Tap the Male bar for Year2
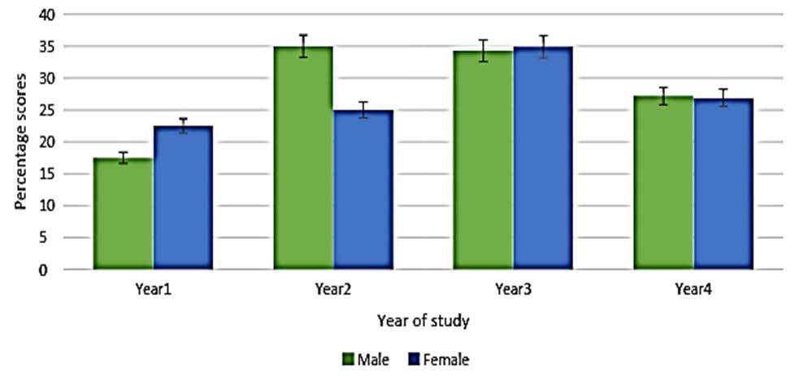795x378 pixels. click(x=303, y=158)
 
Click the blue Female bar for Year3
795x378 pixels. click(x=543, y=158)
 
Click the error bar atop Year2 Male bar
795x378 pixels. click(x=303, y=46)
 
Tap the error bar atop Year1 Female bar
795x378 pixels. click(x=183, y=126)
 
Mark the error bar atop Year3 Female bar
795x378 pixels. click(x=543, y=47)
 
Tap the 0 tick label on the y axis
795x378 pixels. click(x=50, y=270)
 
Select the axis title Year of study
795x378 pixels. click(x=423, y=321)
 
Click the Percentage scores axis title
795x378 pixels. click(x=20, y=141)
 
